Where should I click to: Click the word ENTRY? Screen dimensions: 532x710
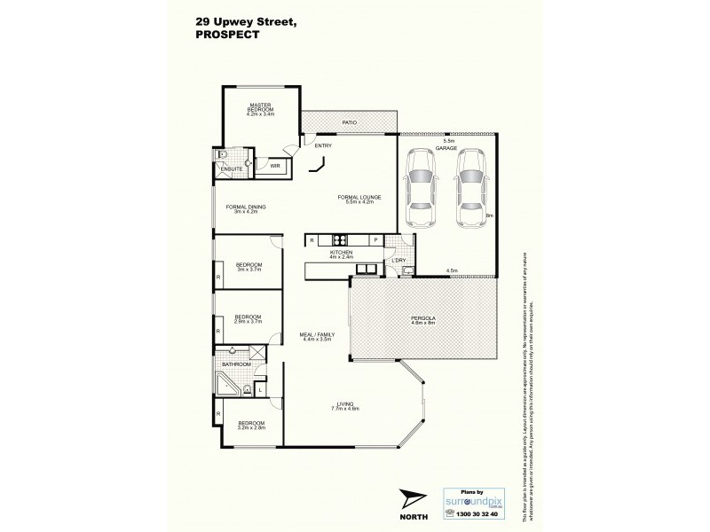click(322, 145)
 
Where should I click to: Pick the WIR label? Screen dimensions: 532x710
click(263, 165)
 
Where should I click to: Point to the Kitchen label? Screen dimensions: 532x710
click(342, 254)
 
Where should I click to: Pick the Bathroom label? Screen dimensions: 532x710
click(237, 364)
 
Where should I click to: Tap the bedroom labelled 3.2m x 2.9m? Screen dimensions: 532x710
click(248, 425)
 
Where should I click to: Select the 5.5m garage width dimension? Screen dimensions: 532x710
click(448, 141)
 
